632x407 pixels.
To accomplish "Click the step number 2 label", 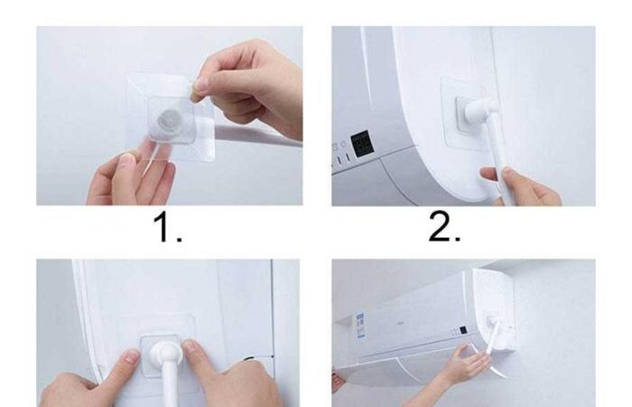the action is click(x=444, y=227).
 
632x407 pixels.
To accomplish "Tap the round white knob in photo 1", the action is click(x=167, y=119).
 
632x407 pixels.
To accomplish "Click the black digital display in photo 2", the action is click(x=362, y=145).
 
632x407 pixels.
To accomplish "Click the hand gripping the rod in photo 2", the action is click(x=520, y=185).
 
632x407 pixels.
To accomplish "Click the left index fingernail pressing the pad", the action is click(x=131, y=356).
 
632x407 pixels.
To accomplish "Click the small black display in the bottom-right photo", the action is click(x=463, y=330).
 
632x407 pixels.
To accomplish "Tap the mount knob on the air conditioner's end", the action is click(x=493, y=322).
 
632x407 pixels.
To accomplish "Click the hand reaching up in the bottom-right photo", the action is click(x=463, y=364).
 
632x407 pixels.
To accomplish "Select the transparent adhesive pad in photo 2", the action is click(x=468, y=114).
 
